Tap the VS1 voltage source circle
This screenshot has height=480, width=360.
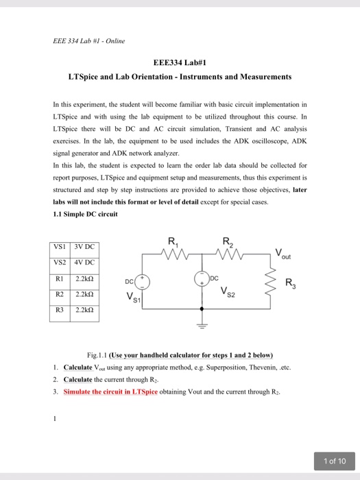click(142, 280)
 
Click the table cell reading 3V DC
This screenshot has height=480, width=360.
click(84, 246)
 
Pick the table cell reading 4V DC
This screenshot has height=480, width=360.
click(84, 263)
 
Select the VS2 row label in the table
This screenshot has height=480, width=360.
click(60, 263)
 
